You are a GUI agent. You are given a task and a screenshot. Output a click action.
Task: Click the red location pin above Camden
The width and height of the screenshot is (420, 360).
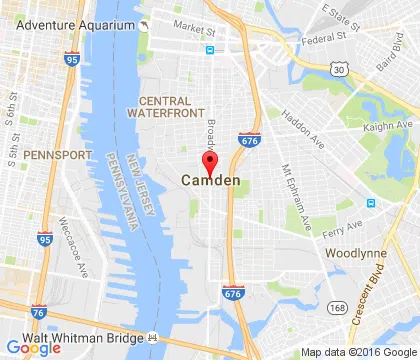click(210, 162)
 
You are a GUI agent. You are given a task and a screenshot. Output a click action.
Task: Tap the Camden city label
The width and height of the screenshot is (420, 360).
click(210, 181)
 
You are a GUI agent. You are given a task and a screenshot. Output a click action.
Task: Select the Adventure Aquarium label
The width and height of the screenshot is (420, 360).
click(67, 23)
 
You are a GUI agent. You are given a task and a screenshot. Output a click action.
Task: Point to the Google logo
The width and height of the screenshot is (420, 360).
click(33, 348)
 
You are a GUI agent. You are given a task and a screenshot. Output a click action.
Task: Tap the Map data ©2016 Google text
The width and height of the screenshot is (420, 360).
click(357, 353)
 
